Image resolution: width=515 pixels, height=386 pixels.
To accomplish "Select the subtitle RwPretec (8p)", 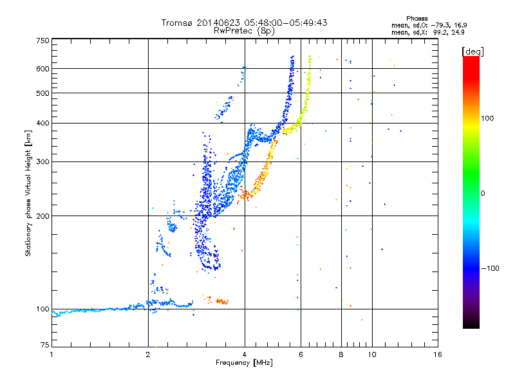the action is pos(244,31).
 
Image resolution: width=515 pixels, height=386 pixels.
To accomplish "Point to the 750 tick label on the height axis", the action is pos(42,41).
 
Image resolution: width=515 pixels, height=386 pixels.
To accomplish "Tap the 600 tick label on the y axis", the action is pos(42,69).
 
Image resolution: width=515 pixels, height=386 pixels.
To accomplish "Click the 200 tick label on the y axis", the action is pos(42,216).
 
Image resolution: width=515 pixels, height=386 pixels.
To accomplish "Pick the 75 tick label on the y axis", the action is pos(45,345).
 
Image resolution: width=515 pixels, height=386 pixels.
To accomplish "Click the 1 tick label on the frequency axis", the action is pos(51,354).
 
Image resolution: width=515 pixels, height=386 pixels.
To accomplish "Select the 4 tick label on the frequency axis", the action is pos(245,354).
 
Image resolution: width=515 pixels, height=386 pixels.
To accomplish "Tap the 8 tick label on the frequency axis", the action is pos(341,354).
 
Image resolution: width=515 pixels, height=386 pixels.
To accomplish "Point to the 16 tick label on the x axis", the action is pos(438,354).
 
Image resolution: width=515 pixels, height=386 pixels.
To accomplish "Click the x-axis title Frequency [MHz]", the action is pos(245,363).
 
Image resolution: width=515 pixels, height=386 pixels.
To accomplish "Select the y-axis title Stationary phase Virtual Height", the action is pos(28,203).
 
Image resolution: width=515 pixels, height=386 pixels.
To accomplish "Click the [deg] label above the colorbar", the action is pos(473,52).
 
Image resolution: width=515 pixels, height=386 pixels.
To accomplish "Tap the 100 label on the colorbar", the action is pos(487,118).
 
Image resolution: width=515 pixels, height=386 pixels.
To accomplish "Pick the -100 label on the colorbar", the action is pos(491,268).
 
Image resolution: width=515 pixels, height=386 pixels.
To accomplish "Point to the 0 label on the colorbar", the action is pos(483,194).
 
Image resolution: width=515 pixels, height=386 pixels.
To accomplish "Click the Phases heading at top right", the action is pos(417,19).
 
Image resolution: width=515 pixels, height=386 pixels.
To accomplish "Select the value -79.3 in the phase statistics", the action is pos(440,25).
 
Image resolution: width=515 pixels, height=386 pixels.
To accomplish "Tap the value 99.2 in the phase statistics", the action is pos(440,33).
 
